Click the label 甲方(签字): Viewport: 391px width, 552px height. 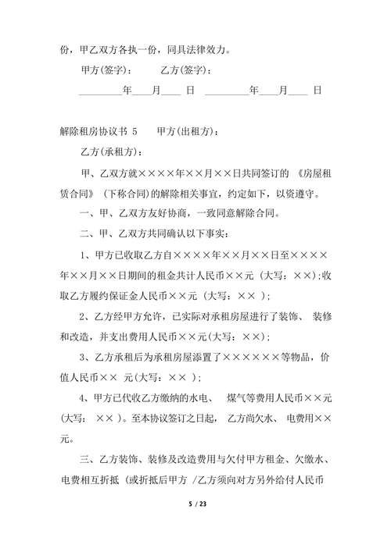[x=106, y=71]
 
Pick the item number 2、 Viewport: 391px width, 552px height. [x=88, y=316]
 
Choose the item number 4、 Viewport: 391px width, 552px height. [x=88, y=397]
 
